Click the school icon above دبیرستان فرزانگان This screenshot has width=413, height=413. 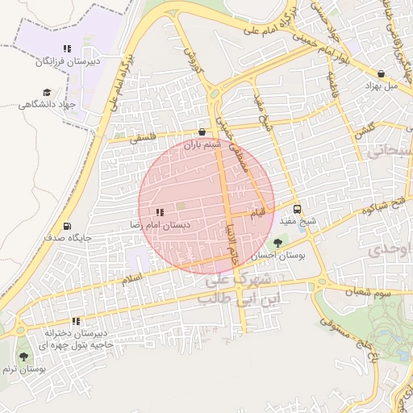tap(67, 48)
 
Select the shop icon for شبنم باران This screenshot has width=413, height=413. tap(202, 131)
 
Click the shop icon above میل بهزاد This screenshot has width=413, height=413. tap(380, 72)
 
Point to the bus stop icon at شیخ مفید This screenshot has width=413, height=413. tap(298, 206)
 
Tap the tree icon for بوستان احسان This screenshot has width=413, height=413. tap(278, 241)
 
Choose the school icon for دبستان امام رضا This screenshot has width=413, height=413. tap(159, 212)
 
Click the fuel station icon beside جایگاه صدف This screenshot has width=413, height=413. tap(66, 225)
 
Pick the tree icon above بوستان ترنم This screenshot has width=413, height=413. tap(23, 356)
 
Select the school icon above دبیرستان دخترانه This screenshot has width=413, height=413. tap(76, 320)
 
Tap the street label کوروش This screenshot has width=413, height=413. tap(191, 57)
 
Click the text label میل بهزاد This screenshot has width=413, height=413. tap(383, 85)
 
